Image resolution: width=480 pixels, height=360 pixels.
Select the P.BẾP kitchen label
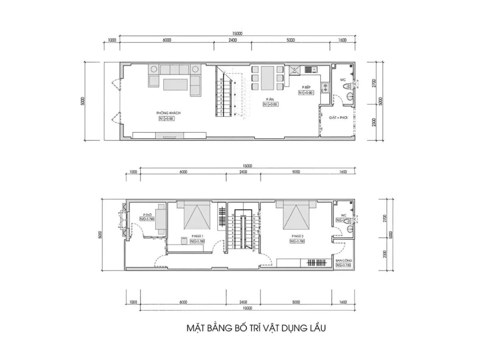pyautogui.click(x=306, y=87)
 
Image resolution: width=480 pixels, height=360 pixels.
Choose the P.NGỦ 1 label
pyautogui.click(x=197, y=236)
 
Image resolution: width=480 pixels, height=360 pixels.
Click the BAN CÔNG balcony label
pyautogui.click(x=343, y=260)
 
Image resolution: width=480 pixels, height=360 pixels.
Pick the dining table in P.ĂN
pyautogui.click(x=268, y=78)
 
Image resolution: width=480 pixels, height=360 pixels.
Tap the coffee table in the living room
pyautogui.click(x=175, y=84)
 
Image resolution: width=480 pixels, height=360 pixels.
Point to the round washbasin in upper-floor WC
pyautogui.click(x=350, y=229)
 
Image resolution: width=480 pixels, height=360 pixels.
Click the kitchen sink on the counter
pyautogui.click(x=309, y=70)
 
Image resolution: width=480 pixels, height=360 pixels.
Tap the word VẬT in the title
pyautogui.click(x=271, y=328)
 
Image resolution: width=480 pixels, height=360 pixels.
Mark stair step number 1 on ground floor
pyautogui.click(x=221, y=114)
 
